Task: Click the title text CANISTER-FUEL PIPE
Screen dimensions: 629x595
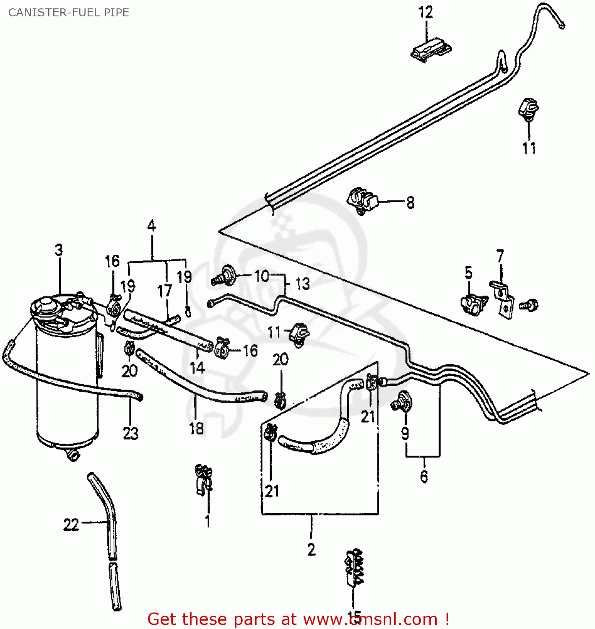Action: [68, 13]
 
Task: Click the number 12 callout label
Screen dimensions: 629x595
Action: [425, 13]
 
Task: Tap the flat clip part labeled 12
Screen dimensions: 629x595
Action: [431, 51]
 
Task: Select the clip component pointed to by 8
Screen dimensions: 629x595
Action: [362, 200]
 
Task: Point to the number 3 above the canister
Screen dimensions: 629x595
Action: [59, 250]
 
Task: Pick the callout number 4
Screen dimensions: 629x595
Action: [151, 226]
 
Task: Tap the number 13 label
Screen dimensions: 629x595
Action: [302, 284]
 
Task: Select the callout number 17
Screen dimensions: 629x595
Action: [164, 291]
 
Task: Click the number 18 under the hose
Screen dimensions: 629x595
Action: [196, 428]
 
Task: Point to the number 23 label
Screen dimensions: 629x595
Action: [130, 433]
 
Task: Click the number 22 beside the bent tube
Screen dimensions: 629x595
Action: [71, 525]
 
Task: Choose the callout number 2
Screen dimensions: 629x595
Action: [311, 549]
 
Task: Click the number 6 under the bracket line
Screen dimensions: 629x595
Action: [424, 477]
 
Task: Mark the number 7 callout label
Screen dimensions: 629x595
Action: [500, 256]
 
